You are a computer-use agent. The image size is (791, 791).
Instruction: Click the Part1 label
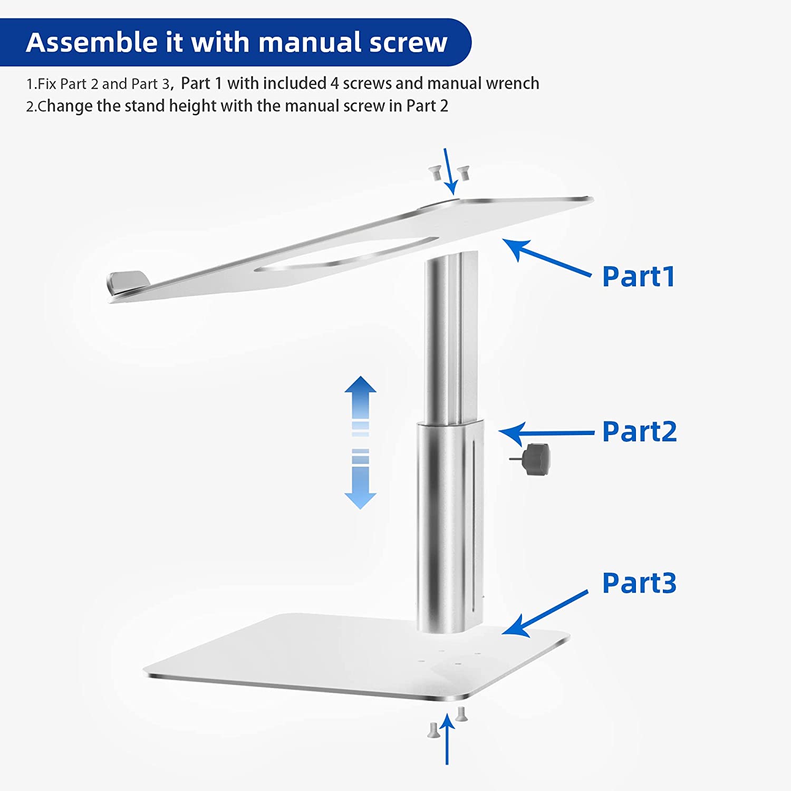click(x=639, y=277)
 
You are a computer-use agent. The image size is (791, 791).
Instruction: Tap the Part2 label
click(x=639, y=432)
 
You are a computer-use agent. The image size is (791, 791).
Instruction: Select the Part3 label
click(x=639, y=583)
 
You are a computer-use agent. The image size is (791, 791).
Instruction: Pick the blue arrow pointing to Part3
click(x=545, y=613)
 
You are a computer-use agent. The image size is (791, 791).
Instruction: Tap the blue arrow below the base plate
click(x=447, y=738)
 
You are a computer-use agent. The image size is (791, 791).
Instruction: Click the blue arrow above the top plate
click(x=450, y=171)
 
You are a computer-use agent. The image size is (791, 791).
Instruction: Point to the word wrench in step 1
click(x=513, y=83)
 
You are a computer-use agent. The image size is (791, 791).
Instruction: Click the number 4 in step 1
click(x=334, y=83)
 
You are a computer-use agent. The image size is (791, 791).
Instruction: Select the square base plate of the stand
click(x=356, y=657)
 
